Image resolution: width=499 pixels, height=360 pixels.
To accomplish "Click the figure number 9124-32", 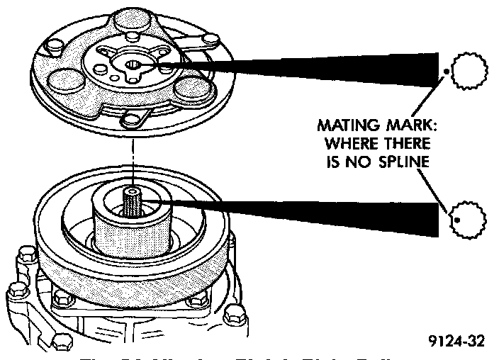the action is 457,342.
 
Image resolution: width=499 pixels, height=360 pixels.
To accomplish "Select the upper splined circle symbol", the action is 465,71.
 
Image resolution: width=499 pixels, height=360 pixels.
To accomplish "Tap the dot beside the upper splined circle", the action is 445,71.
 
